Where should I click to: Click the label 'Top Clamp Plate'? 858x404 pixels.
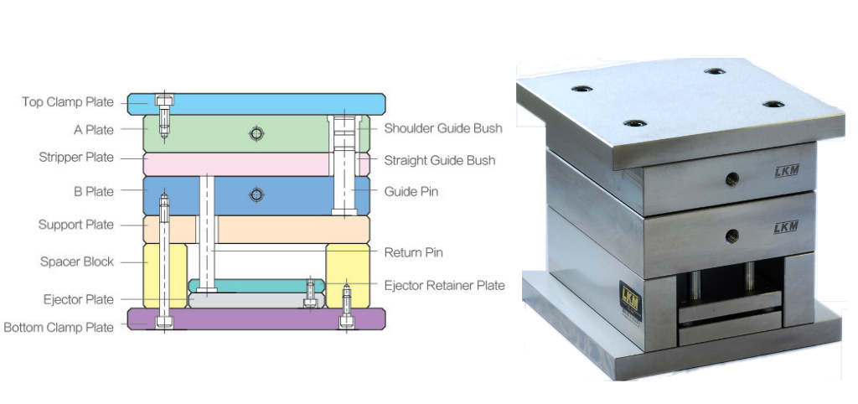pos(68,102)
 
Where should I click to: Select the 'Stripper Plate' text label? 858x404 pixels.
pos(76,158)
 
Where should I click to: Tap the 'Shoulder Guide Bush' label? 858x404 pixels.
pos(443,128)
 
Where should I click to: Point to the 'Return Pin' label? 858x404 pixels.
pos(414,252)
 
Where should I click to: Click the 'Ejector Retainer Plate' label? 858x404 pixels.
pos(444,285)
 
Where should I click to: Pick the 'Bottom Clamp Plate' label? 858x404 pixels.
pos(59,328)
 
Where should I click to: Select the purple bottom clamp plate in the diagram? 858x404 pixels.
pos(256,319)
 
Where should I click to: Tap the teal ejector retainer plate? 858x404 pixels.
pos(256,286)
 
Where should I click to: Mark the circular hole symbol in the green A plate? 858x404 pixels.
pos(256,133)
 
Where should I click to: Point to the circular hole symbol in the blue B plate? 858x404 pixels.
pos(256,195)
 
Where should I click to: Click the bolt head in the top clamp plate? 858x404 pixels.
pos(164,100)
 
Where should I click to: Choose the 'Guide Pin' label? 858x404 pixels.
pos(411,192)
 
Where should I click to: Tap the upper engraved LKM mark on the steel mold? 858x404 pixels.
pos(787,171)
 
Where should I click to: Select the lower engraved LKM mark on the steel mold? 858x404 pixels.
pos(786,227)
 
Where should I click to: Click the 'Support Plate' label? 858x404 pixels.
pos(76,225)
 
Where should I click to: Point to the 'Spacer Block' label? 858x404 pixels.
pos(77,262)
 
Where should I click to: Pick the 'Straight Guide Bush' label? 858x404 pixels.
pos(440,160)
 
